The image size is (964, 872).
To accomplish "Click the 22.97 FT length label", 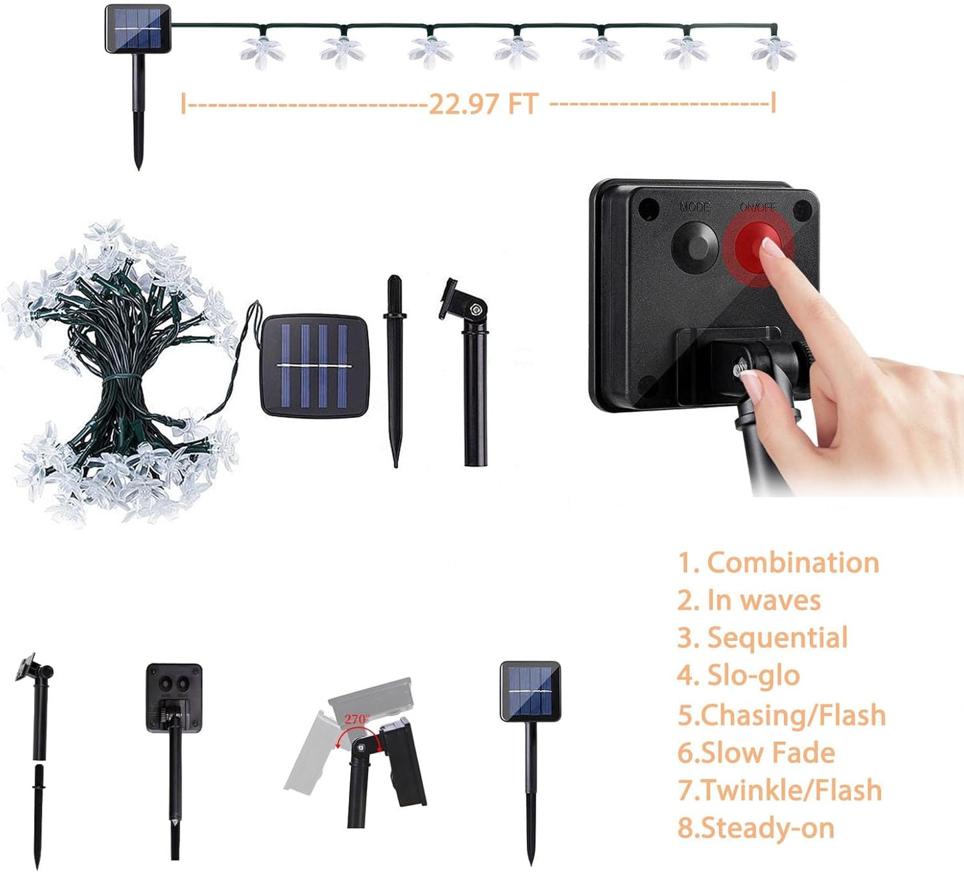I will (x=482, y=104).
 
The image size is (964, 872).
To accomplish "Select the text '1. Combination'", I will (x=779, y=563).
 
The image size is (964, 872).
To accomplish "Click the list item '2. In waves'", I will (x=749, y=600).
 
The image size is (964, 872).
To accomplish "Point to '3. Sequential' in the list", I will (x=763, y=638).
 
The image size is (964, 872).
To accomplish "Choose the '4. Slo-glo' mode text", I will (x=739, y=675).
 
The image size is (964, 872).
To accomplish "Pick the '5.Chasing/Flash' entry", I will (x=781, y=715).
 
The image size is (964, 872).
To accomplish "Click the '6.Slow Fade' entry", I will (x=756, y=753).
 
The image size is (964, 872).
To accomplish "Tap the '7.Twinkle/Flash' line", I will (x=779, y=790).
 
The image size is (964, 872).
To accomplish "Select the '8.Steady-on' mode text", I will (x=756, y=828).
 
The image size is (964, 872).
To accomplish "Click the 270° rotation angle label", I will (x=357, y=719).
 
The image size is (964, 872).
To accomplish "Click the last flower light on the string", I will (x=773, y=51).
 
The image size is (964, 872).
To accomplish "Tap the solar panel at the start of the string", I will (x=138, y=29).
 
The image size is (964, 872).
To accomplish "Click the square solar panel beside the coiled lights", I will (x=314, y=366).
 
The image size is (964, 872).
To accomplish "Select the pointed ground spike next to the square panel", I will (x=394, y=370).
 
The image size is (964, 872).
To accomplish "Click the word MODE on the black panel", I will (x=694, y=207).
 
